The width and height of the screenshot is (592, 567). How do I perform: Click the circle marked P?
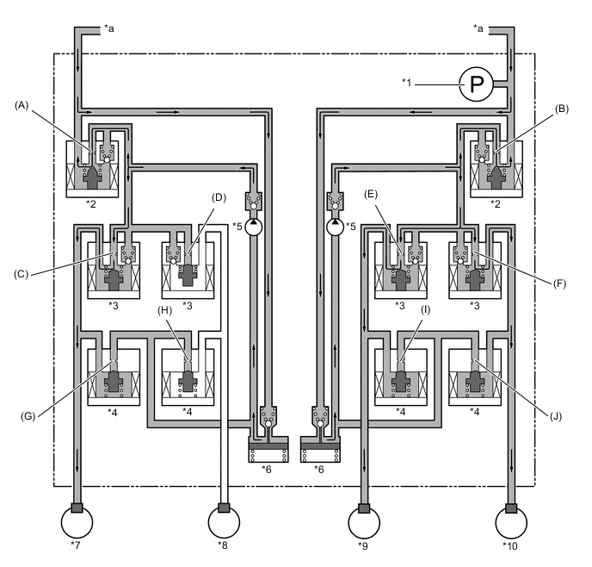tap(476, 84)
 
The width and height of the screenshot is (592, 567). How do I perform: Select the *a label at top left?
tap(108, 28)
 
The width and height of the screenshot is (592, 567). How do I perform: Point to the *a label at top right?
tap(478, 28)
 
